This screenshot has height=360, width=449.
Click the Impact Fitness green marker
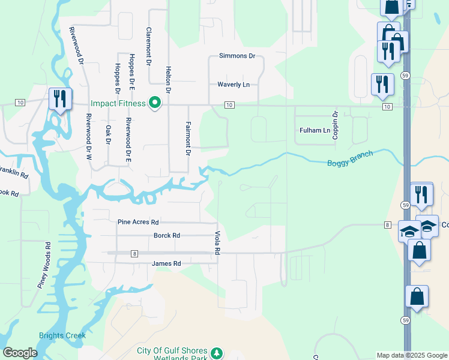click(155, 103)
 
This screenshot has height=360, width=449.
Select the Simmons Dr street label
click(237, 56)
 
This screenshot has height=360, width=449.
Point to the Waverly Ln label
click(234, 85)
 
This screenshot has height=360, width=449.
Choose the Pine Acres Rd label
click(138, 222)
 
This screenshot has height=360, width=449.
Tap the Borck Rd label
click(167, 236)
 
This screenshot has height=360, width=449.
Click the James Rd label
click(166, 263)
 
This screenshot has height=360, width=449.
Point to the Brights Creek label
click(62, 335)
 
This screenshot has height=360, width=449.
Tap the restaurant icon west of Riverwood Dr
click(60, 98)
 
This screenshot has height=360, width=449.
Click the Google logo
click(20, 353)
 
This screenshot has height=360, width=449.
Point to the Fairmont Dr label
click(188, 139)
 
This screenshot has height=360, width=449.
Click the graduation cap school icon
click(409, 232)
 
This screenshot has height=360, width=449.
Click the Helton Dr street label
click(169, 79)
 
